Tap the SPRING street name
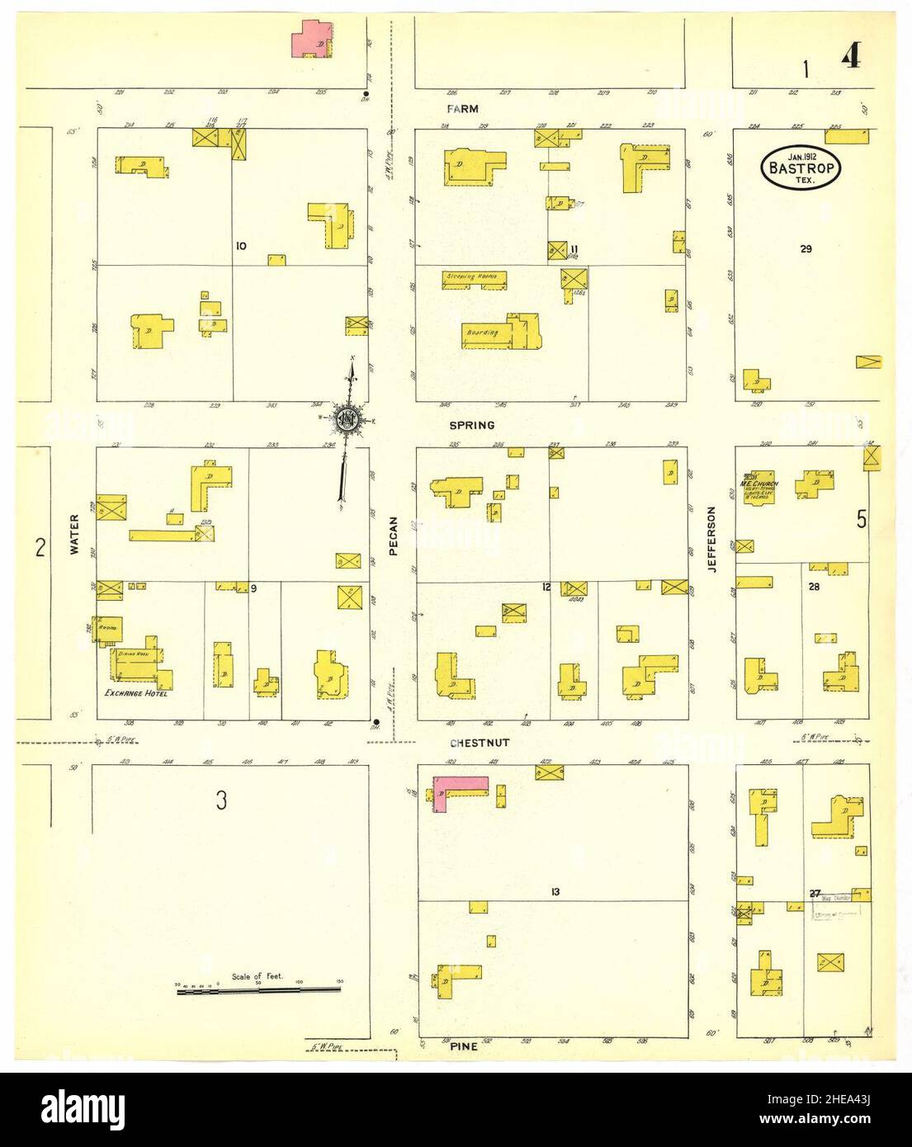[472, 426]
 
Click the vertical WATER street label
[73, 534]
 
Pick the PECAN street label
[394, 536]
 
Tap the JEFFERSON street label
[711, 539]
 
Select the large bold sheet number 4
[852, 59]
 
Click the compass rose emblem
[347, 418]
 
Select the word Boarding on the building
[484, 333]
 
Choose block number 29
[806, 248]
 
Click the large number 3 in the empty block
[220, 800]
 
